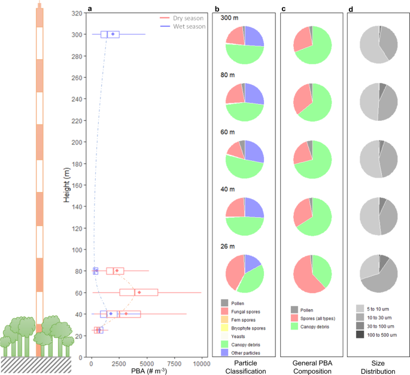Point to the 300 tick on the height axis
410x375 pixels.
(77, 35)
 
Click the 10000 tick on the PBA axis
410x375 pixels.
(201, 362)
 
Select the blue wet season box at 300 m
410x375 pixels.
(110, 35)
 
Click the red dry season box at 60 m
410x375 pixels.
(138, 292)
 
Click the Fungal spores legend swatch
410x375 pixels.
(224, 312)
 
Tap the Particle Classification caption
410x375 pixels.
(244, 367)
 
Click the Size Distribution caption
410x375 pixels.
(379, 367)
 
